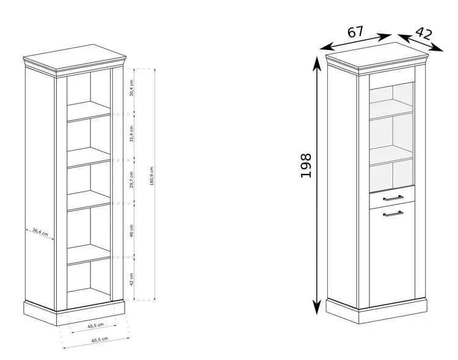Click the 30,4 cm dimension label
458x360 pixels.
pyautogui.click(x=132, y=88)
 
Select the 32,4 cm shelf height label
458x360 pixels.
pyautogui.click(x=132, y=134)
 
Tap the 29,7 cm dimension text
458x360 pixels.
pyautogui.click(x=132, y=180)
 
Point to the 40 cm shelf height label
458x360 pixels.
pyautogui.click(x=132, y=231)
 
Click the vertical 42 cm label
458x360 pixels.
pyautogui.click(x=132, y=279)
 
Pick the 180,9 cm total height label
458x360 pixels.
pyautogui.click(x=151, y=176)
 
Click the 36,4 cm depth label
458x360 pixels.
pyautogui.click(x=40, y=232)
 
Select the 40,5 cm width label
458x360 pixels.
pyautogui.click(x=96, y=325)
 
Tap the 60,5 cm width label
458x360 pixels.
pyautogui.click(x=100, y=340)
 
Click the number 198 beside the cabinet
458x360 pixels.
pyautogui.click(x=306, y=165)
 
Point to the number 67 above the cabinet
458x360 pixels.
pyautogui.click(x=355, y=32)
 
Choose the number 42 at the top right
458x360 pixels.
pyautogui.click(x=423, y=34)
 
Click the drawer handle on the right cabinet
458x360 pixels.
pyautogui.click(x=393, y=198)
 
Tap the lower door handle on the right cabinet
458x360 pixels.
pyautogui.click(x=393, y=214)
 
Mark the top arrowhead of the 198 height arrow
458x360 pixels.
pyautogui.click(x=317, y=63)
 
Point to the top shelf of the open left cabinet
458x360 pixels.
pyautogui.click(x=89, y=111)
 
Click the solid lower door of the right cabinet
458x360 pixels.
pyautogui.click(x=392, y=254)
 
